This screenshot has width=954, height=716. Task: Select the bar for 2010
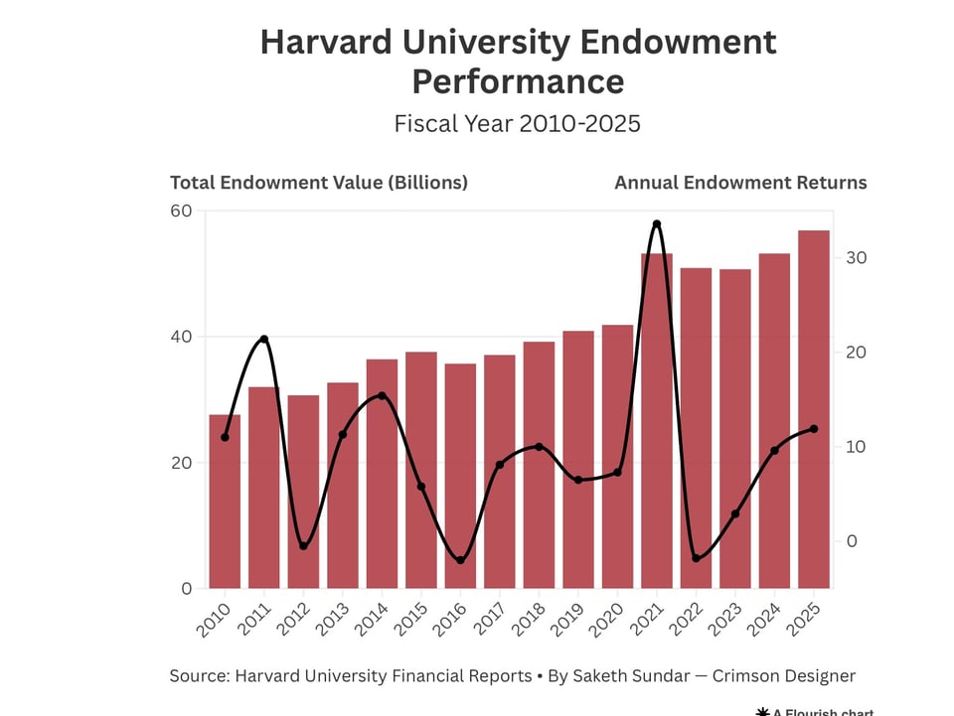(225, 501)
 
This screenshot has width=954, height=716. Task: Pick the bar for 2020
(617, 457)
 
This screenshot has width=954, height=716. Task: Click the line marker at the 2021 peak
(656, 224)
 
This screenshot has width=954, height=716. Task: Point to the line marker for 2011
(263, 340)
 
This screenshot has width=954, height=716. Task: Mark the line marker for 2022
(696, 558)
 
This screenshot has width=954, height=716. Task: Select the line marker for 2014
(382, 396)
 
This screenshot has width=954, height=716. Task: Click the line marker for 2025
(814, 429)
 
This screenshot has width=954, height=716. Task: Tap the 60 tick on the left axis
(181, 211)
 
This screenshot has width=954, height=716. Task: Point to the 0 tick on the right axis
(852, 541)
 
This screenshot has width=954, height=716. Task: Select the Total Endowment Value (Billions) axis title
(318, 183)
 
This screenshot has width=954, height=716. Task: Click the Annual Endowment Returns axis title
(740, 183)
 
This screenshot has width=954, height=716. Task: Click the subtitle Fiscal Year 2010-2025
(517, 124)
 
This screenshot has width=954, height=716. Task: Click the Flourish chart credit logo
(763, 711)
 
